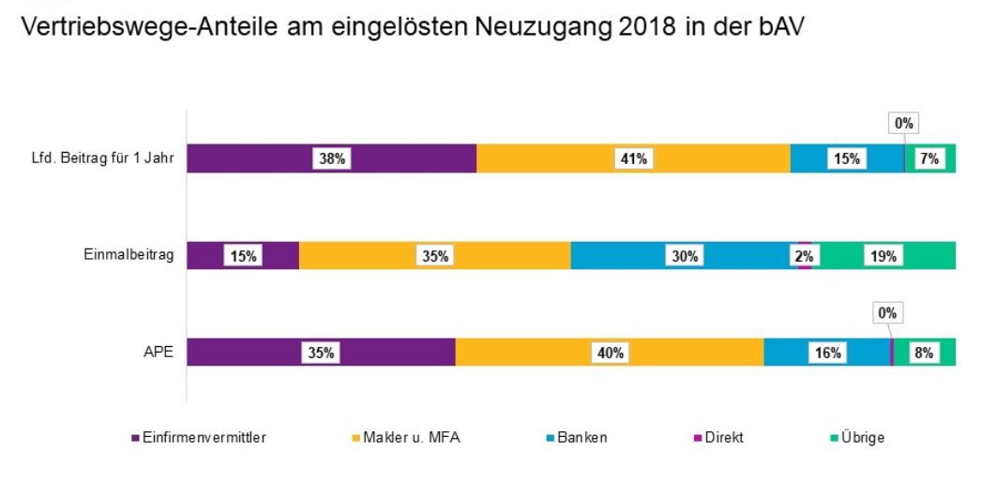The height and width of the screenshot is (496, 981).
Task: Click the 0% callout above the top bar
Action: click(x=902, y=123)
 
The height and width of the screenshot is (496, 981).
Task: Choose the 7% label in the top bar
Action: click(x=929, y=159)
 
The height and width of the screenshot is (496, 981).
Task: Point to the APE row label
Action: click(x=162, y=353)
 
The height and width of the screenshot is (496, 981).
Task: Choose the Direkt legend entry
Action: click(x=723, y=438)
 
